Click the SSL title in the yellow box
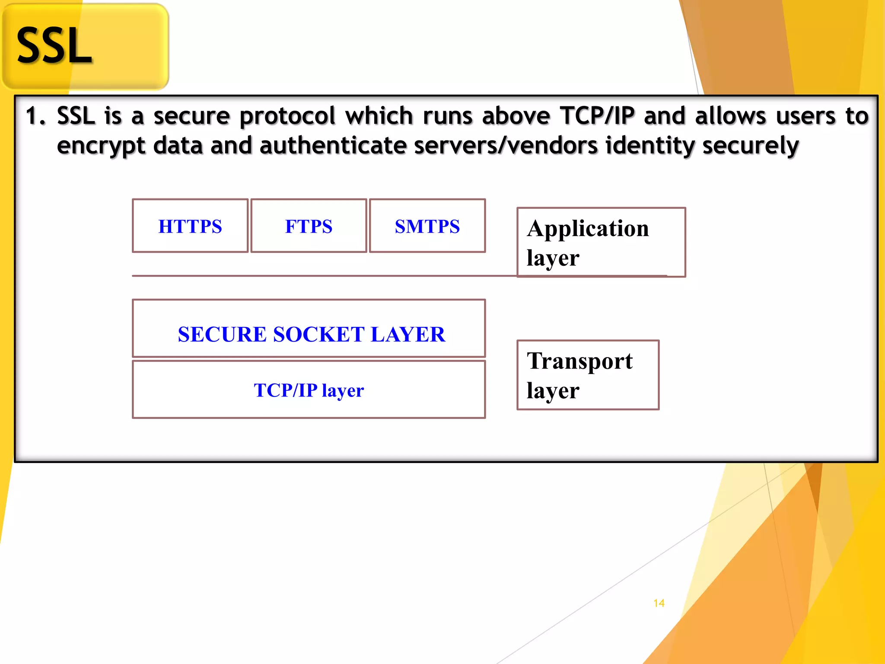click(x=54, y=46)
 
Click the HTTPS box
click(x=190, y=226)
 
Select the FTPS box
click(x=309, y=226)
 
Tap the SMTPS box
click(x=427, y=226)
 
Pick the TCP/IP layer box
click(x=309, y=390)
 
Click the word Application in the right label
click(x=588, y=229)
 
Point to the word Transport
click(x=579, y=361)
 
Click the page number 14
click(x=659, y=603)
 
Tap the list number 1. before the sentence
click(x=35, y=116)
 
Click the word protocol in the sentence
click(x=287, y=116)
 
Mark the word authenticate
click(x=333, y=146)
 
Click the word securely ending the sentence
click(x=750, y=146)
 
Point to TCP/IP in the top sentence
click(x=597, y=116)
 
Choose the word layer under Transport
click(x=553, y=391)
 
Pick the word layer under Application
click(x=553, y=258)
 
